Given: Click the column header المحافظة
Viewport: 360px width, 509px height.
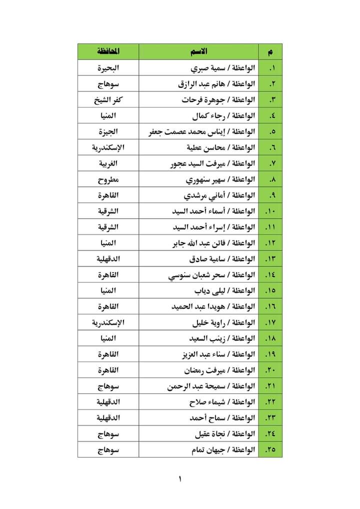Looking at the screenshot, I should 108,51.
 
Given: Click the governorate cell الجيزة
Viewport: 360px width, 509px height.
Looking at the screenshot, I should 108,132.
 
